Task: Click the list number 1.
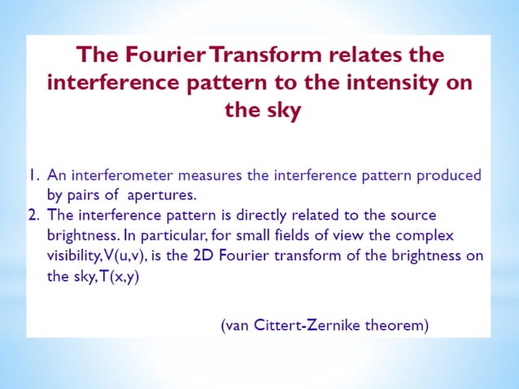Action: (32, 175)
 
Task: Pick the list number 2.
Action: (32, 215)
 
